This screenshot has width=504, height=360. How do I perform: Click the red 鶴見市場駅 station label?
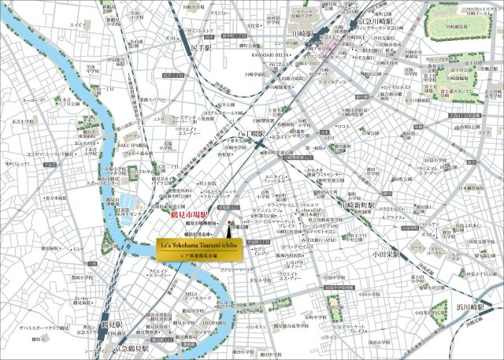(x=188, y=214)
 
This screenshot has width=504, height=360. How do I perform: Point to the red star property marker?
(x=227, y=225)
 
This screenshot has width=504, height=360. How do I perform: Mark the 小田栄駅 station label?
(x=388, y=255)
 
